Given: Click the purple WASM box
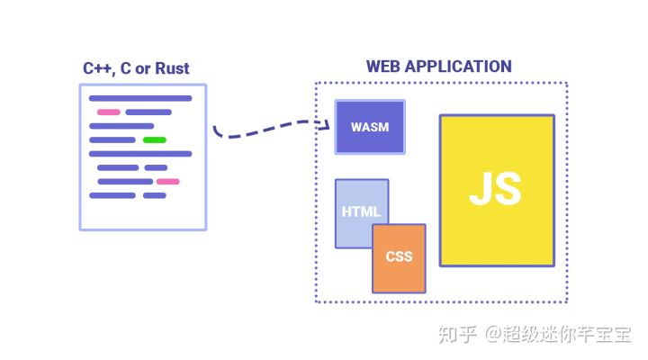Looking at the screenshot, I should [370, 126].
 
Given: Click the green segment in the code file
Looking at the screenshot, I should [155, 140].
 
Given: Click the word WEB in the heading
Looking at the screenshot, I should [382, 67].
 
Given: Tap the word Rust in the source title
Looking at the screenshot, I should [172, 68].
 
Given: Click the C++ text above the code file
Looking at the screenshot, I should [99, 68].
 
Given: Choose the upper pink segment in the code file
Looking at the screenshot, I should [109, 112].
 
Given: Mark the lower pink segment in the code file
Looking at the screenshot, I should [167, 182].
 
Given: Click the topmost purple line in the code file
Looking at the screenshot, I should [140, 98].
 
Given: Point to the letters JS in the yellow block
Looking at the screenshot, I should [496, 189].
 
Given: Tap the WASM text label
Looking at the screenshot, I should [370, 127].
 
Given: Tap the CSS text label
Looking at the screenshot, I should [399, 256].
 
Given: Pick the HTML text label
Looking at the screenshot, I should [361, 212].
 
